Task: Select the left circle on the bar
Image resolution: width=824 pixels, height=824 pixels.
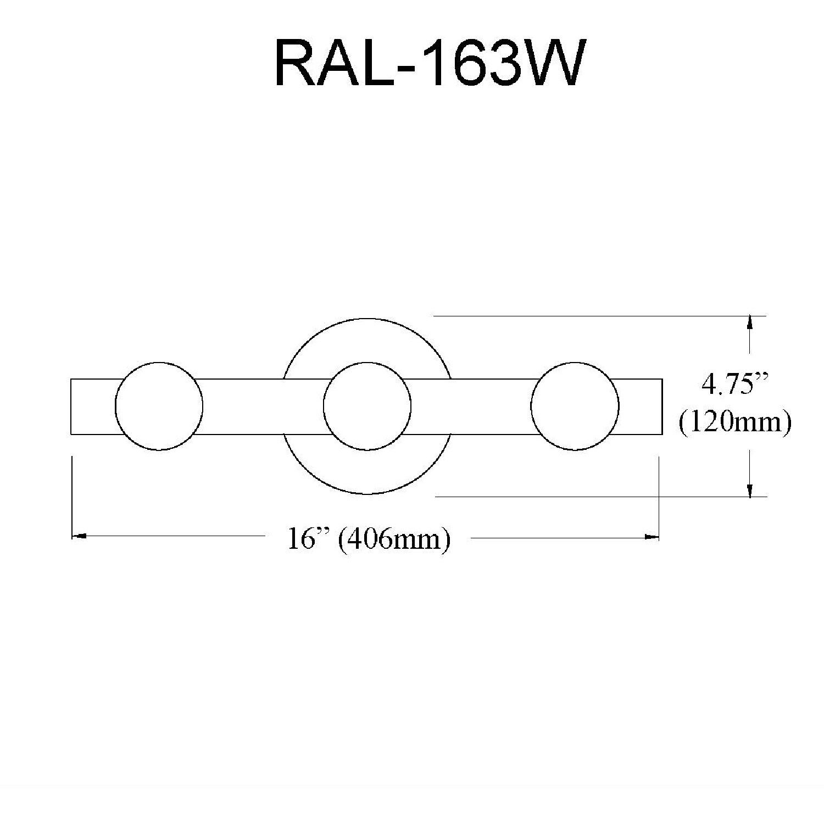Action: point(159,406)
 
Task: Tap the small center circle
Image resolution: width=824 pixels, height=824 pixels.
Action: point(367,406)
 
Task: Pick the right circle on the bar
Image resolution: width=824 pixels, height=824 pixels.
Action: point(575,406)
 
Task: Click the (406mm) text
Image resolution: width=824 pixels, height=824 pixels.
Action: point(394,539)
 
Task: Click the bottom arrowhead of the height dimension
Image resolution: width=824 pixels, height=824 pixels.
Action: point(750,491)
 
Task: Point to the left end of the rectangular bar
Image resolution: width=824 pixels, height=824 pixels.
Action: point(72,406)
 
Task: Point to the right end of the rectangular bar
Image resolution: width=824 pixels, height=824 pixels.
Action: point(662,406)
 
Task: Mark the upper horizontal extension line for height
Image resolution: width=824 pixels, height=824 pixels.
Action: point(593,316)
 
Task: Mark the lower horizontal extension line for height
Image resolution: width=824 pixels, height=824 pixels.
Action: point(593,497)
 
